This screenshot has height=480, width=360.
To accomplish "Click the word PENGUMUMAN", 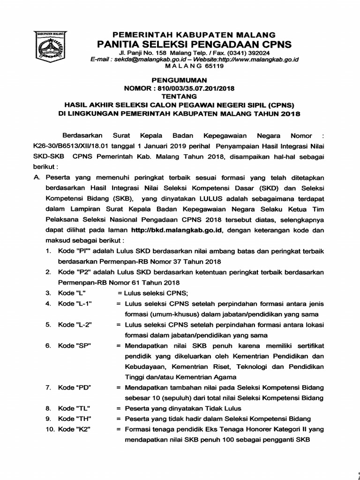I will [180, 81].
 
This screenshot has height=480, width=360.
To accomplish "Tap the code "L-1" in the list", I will [84, 304].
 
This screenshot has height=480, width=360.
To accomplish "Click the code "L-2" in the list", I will [84, 325].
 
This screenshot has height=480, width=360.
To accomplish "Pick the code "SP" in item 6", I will [83, 346].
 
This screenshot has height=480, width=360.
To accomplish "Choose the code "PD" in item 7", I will [83, 388].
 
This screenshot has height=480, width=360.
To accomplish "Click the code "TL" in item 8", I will [83, 409].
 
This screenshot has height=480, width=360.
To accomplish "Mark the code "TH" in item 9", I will [83, 419].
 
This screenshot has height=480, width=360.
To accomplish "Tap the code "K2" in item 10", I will [83, 430].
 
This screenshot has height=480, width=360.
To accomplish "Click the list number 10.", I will [50, 430].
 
